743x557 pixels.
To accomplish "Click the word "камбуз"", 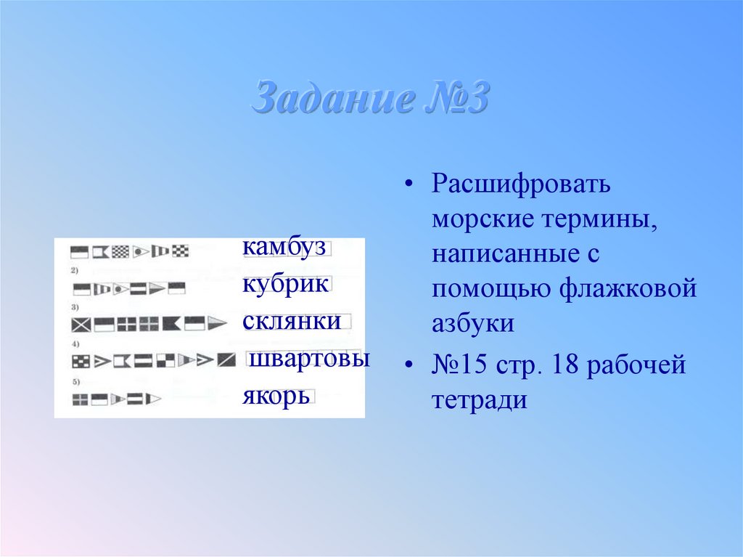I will click(x=284, y=248).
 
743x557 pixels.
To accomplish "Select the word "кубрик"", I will click(x=285, y=284).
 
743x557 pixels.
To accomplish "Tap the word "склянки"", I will click(x=292, y=321).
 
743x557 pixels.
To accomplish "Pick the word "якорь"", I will click(x=276, y=397).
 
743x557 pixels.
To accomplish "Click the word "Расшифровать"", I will click(x=522, y=184).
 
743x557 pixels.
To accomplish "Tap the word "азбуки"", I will click(x=473, y=324).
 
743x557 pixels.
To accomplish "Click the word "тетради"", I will click(x=480, y=400).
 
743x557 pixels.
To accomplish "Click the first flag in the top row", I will click(x=78, y=252).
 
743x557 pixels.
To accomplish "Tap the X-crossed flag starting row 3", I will click(x=81, y=324).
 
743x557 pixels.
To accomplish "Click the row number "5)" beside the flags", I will click(x=75, y=381).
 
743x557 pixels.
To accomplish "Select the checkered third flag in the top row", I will click(x=120, y=252).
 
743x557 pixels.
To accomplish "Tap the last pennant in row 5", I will click(x=153, y=398).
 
